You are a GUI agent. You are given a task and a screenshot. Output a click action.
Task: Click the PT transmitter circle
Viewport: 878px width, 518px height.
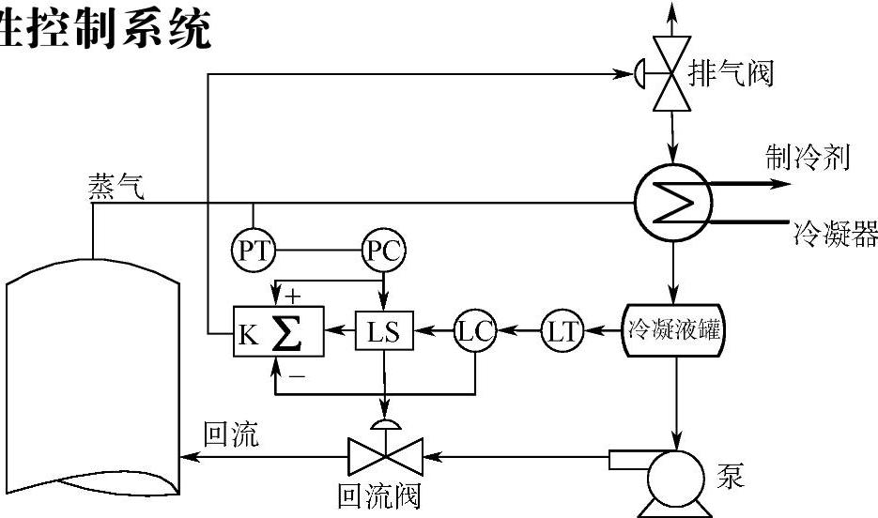click(x=252, y=251)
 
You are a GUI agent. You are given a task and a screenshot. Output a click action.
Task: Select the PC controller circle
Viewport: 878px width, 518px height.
click(x=383, y=251)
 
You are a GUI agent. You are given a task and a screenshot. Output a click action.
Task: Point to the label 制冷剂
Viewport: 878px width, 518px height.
click(x=809, y=158)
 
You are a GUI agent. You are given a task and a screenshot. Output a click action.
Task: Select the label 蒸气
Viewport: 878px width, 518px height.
click(x=116, y=188)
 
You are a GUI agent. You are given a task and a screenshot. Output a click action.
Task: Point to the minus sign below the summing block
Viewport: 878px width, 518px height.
click(x=293, y=375)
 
